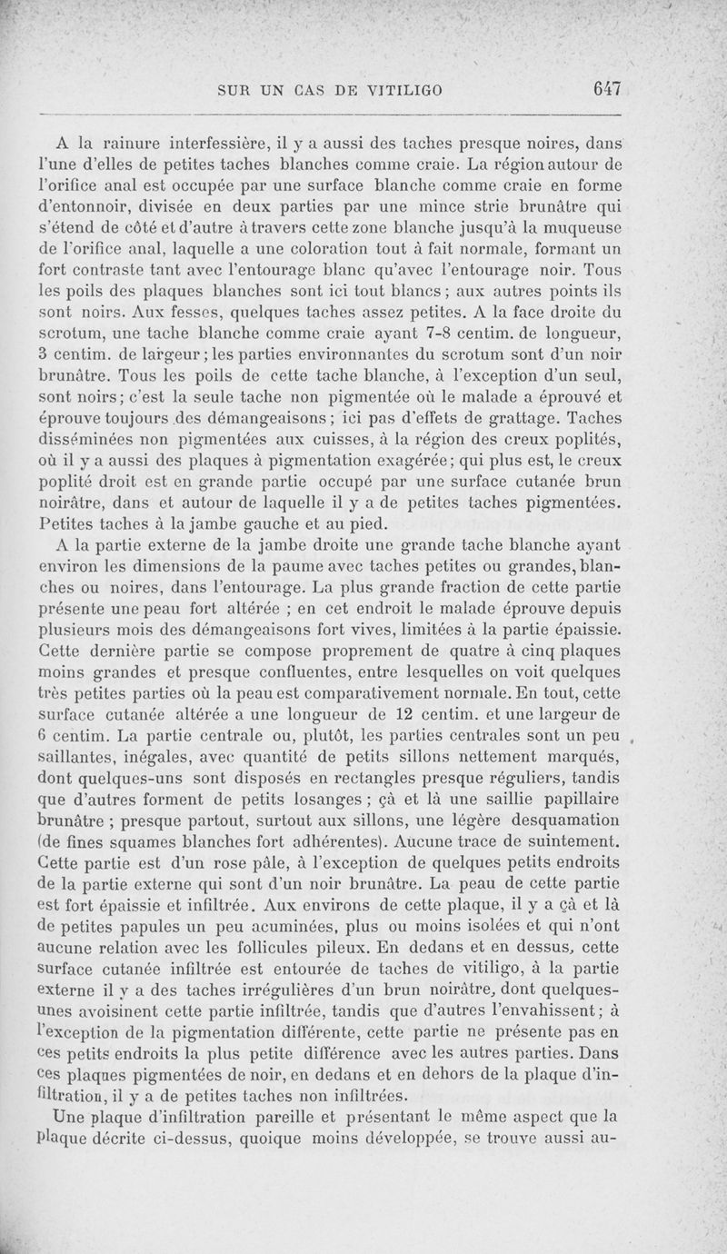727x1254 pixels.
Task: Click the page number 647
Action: [x=604, y=88]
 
